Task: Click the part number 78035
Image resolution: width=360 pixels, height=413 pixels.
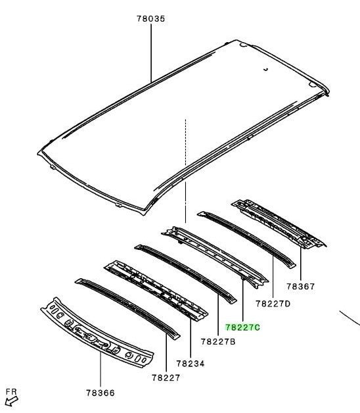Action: click(151, 18)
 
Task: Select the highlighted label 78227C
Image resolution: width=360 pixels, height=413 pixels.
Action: click(242, 327)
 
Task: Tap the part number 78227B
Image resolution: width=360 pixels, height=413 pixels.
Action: click(218, 341)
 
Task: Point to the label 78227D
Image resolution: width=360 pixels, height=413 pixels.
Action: click(273, 304)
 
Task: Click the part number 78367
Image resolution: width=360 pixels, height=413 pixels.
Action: click(300, 286)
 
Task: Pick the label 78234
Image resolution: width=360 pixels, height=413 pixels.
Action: click(191, 364)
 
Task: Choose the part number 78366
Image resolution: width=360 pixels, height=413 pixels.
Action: click(101, 393)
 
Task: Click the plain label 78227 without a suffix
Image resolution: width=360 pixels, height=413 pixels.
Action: click(166, 377)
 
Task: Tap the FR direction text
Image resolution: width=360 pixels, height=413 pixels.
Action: click(11, 392)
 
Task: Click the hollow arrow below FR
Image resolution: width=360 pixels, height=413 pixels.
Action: click(11, 401)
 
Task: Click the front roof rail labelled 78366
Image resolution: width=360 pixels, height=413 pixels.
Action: click(97, 333)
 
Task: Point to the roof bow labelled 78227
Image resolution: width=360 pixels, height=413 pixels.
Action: click(127, 308)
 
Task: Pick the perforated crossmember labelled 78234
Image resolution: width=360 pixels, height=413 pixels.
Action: click(156, 291)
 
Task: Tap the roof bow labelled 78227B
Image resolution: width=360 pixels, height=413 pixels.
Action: click(185, 274)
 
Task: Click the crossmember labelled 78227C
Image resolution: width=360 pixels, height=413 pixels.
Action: click(215, 257)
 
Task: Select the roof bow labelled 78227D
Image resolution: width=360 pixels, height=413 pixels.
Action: click(246, 239)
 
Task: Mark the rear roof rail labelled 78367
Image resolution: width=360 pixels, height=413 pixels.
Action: click(279, 224)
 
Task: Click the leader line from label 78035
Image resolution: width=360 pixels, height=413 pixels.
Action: click(151, 53)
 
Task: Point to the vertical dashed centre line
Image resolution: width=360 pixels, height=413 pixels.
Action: click(185, 171)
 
